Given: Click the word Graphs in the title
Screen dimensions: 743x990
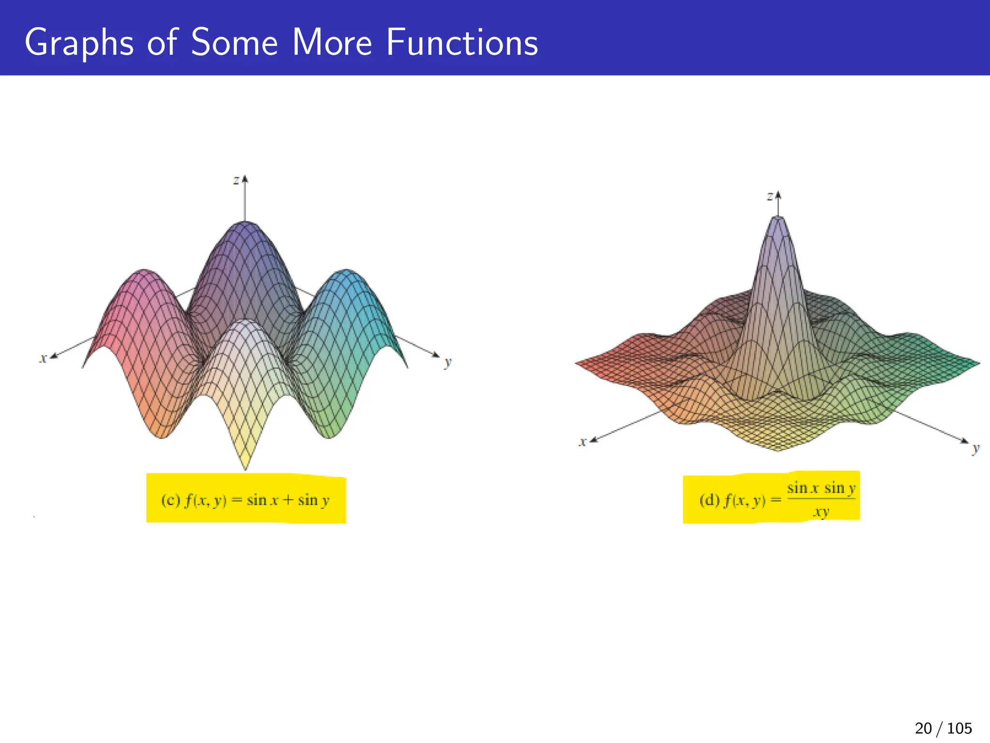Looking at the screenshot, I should tap(79, 44).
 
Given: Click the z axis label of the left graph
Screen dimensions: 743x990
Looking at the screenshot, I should tap(236, 180).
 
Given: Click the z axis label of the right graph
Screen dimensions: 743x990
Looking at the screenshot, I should tap(770, 196).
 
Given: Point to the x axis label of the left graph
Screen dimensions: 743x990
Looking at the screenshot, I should tap(43, 358).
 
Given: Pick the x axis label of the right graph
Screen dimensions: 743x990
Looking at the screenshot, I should tap(583, 441).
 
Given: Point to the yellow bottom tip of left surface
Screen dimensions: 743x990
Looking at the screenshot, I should tap(245, 462).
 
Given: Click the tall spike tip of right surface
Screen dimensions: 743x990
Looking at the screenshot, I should tap(778, 221).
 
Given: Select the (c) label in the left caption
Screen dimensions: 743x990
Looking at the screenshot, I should tap(170, 500).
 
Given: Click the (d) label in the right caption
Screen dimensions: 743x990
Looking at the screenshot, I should tap(709, 500).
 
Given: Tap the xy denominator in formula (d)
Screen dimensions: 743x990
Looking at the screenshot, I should tap(821, 512).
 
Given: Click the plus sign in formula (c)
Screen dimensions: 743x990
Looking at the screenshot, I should tap(288, 500).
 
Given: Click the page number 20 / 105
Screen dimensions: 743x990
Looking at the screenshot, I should tap(943, 728).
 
